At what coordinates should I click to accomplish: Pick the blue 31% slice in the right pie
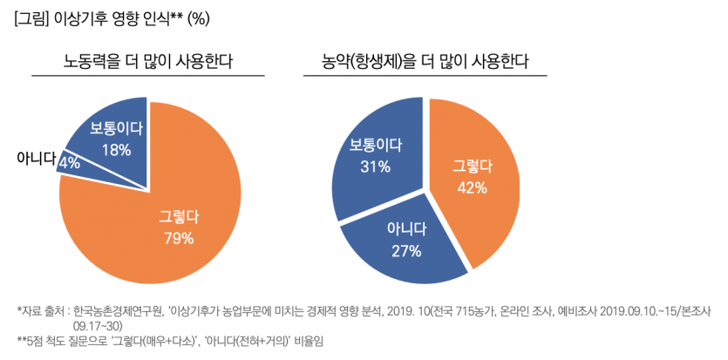point(371,161)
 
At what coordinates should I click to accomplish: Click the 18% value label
point(116,150)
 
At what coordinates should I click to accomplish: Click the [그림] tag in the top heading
point(32,17)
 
